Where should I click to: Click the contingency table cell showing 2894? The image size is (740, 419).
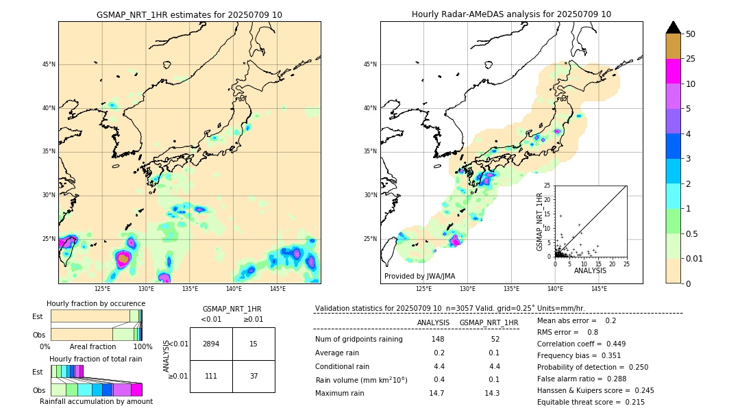(211, 344)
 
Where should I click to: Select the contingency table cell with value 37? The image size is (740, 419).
(254, 376)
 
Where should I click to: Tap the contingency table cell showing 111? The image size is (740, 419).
(211, 376)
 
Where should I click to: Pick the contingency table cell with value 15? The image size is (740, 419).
(254, 344)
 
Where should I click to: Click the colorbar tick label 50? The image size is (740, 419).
(691, 34)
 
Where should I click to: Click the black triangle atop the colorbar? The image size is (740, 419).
(673, 27)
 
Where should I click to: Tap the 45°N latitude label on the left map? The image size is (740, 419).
(49, 64)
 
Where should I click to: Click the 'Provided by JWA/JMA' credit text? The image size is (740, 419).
(419, 277)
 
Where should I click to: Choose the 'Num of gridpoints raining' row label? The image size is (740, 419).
(358, 340)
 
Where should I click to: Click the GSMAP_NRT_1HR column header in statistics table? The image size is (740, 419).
(489, 323)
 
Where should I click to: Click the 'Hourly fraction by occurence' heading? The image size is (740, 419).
(96, 303)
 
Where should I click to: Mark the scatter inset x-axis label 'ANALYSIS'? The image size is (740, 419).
(590, 270)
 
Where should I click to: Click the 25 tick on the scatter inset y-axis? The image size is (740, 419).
(547, 186)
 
